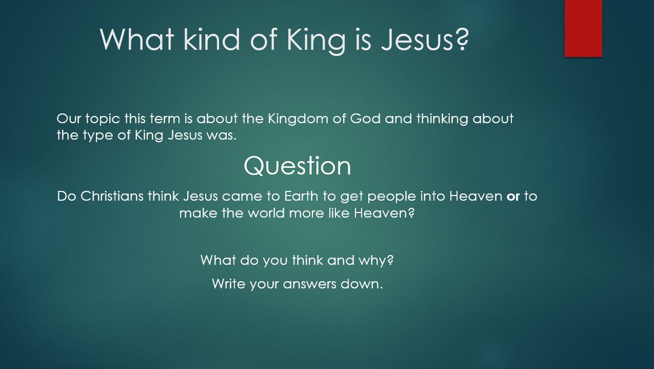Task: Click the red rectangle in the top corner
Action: click(583, 28)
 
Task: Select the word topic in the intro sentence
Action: click(103, 119)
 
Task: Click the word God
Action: click(365, 119)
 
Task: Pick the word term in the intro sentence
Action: click(165, 119)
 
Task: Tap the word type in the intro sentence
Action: click(98, 136)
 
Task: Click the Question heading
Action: click(297, 166)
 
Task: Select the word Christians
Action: click(112, 196)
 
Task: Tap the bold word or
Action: click(513, 197)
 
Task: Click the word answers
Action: click(309, 284)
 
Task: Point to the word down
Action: click(362, 284)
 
